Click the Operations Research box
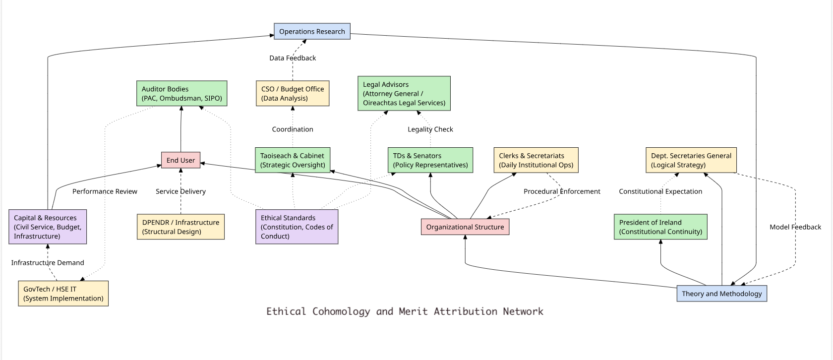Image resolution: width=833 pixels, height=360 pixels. pos(312,31)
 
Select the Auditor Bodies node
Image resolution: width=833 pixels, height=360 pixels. pos(182,93)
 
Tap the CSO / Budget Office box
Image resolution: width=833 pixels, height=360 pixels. pos(293,93)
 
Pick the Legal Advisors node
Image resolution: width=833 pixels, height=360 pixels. pos(404,93)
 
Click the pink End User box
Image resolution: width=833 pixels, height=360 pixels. pos(180,160)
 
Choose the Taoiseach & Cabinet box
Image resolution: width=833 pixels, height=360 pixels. pos(293,160)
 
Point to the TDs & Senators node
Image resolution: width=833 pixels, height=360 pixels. pos(430,160)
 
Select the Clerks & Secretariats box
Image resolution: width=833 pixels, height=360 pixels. pos(536,160)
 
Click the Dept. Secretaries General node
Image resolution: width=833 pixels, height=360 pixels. pos(691,160)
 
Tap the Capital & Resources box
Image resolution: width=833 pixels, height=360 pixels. pos(48,227)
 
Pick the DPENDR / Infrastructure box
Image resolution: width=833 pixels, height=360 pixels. pos(180,227)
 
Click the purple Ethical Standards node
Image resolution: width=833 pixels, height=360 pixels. pos(297,227)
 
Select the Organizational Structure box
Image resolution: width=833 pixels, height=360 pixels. pos(465,227)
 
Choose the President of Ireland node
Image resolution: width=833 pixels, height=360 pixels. pos(661,227)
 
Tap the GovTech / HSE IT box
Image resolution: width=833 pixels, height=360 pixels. pos(63,294)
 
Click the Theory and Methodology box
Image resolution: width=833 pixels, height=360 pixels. pos(722,294)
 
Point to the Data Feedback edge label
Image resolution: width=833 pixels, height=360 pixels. pos(293,58)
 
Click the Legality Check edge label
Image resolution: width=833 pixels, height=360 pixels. pos(430,129)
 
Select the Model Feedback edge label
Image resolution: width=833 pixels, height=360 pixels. pos(795,227)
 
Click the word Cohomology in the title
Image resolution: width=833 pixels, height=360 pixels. pos(341,311)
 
